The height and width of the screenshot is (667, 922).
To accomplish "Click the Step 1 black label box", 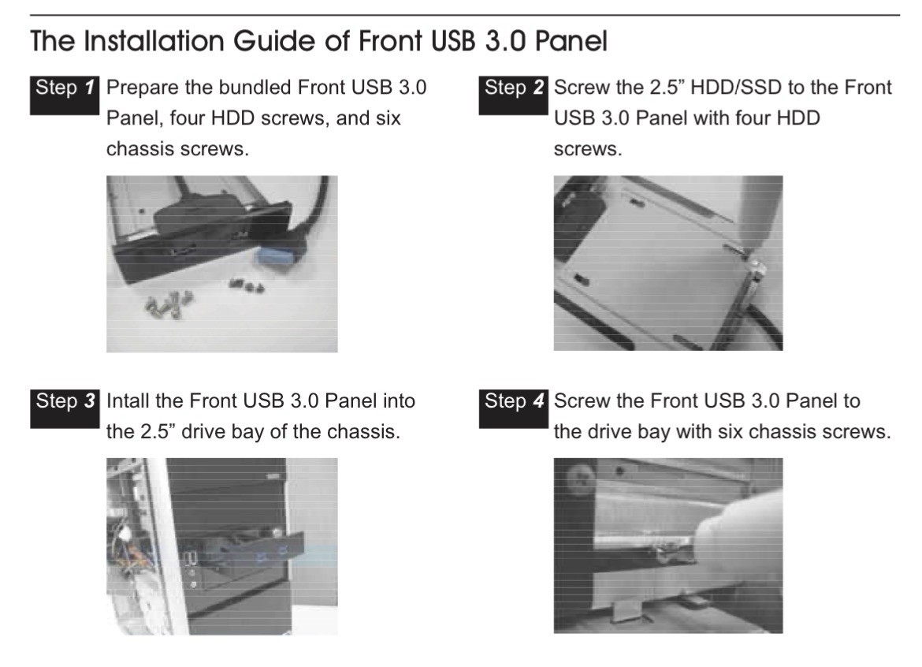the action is [x=65, y=95].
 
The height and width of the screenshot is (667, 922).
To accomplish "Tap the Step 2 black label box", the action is [x=513, y=95].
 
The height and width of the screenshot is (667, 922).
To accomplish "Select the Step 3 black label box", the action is [x=65, y=408].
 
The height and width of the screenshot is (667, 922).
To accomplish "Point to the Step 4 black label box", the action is [x=513, y=408].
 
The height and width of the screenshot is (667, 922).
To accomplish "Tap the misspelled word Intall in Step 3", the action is [x=128, y=401].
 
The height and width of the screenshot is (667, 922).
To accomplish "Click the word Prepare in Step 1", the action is [x=143, y=88].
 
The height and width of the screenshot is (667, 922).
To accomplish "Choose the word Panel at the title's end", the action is [x=571, y=41].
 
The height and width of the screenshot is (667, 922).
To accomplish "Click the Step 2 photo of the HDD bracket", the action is [x=668, y=263].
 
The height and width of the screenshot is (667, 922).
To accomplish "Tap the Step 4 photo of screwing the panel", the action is [x=668, y=546].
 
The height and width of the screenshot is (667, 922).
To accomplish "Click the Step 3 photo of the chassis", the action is [x=221, y=546].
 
